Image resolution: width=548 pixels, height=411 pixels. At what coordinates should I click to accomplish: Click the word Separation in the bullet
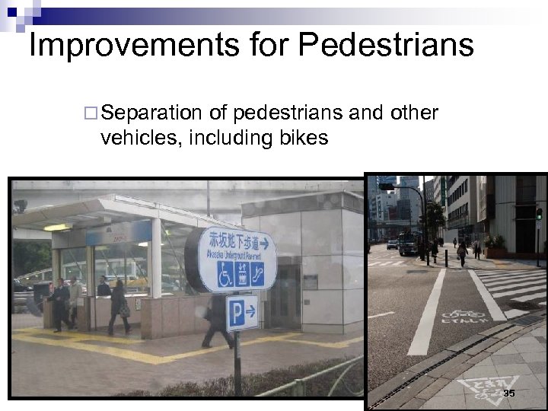(151, 113)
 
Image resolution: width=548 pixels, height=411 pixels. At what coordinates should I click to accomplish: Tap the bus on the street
(408, 242)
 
